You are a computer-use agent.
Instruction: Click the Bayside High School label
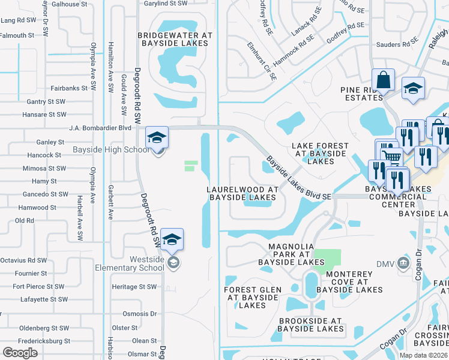pos(111,149)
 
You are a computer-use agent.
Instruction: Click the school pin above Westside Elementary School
pos(172,240)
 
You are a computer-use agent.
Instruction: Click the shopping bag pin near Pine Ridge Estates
pos(382,80)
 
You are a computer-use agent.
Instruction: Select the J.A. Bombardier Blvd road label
pos(100,128)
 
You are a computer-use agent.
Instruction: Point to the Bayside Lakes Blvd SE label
pos(298,179)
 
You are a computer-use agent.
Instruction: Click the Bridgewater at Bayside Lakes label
pos(175,40)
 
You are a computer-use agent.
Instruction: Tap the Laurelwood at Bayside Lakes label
pos(243,193)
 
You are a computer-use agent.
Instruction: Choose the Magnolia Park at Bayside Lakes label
pos(291,254)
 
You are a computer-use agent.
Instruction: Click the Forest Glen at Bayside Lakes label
pos(252,297)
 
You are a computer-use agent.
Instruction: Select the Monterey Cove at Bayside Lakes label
pos(349,282)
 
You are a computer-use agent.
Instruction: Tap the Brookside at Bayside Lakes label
pos(311,325)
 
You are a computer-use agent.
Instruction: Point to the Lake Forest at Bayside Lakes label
pos(319,154)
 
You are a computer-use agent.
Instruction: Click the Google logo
pos(20,353)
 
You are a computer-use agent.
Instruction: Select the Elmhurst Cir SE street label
pos(262,61)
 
